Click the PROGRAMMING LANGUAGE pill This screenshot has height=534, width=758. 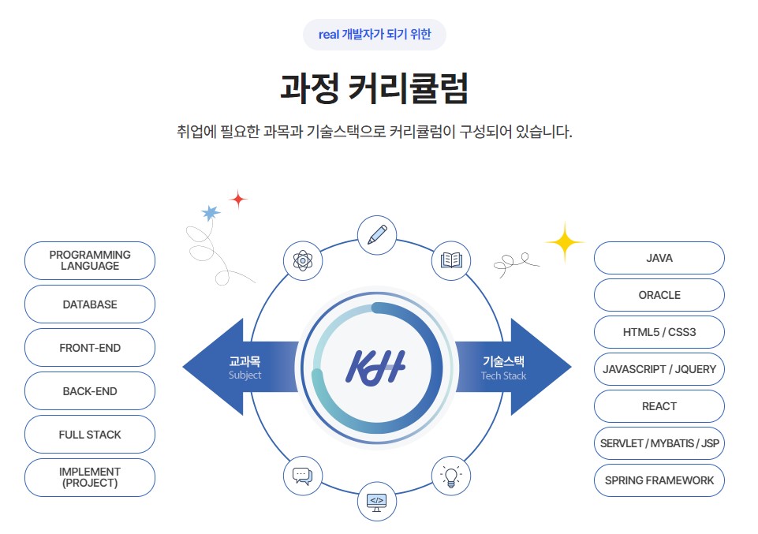click(90, 260)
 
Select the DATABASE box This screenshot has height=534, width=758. click(90, 304)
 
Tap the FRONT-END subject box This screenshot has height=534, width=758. click(90, 348)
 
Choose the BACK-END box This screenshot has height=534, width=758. click(90, 391)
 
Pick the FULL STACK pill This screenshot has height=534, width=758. click(90, 435)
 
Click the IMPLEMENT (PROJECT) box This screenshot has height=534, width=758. click(90, 477)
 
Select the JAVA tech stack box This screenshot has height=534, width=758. click(659, 258)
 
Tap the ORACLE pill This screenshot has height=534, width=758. click(659, 295)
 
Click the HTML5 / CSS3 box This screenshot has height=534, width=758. click(659, 332)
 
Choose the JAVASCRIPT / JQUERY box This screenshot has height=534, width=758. click(659, 369)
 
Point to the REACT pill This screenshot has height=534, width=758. click(659, 406)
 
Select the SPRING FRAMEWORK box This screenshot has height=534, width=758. click(659, 480)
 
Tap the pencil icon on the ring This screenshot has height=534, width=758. click(377, 235)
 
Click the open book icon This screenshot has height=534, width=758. click(451, 260)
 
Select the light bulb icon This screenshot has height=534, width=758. click(451, 476)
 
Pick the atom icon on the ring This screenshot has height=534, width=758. click(303, 260)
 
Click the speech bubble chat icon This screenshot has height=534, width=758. click(303, 476)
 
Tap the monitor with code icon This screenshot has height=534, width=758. click(377, 501)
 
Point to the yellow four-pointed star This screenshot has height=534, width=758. click(564, 242)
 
